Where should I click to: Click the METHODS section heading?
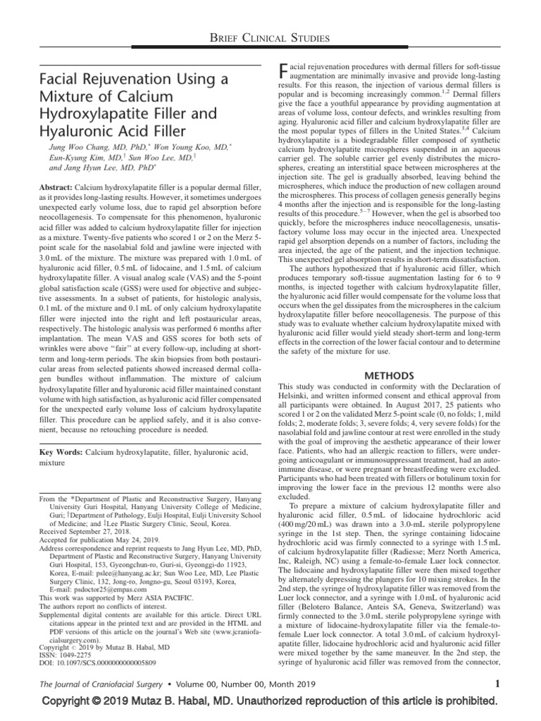tap(390, 376)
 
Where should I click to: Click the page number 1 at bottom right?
tap(497, 682)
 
